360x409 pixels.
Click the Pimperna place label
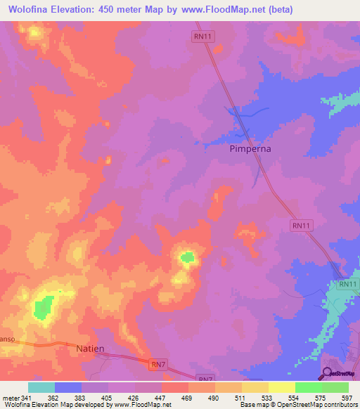(x=250, y=149)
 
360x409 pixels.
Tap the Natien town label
(x=90, y=349)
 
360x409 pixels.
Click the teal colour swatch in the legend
(x=41, y=387)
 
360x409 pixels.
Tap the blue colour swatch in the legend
(x=68, y=387)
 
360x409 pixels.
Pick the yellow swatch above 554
(x=282, y=387)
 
